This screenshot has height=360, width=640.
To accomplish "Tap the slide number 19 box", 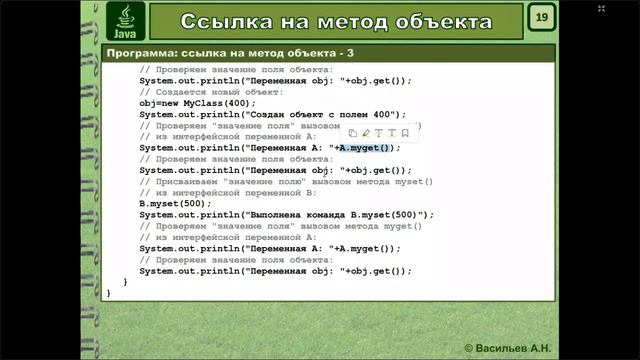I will (541, 18).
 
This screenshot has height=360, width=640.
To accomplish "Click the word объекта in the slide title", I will (437, 22).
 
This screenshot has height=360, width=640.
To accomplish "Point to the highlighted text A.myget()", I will (367, 148).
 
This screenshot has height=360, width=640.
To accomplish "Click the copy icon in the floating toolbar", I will (353, 132).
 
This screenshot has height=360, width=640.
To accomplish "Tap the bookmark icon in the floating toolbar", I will (405, 132).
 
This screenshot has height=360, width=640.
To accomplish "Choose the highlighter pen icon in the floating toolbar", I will (366, 132).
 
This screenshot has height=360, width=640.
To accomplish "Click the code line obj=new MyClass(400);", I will (198, 103).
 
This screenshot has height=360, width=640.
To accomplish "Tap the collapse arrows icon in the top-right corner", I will (601, 9).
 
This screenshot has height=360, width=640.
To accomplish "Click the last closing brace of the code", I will (109, 293).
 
